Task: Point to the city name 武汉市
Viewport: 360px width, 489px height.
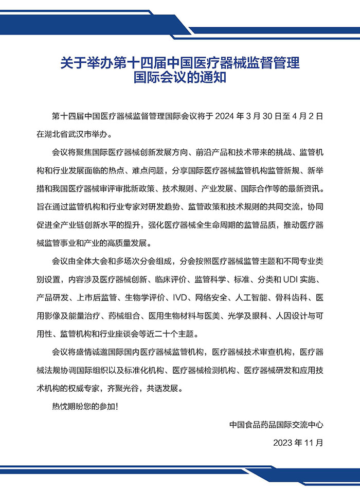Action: (81, 134)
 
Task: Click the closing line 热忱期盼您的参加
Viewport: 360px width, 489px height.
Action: (83, 407)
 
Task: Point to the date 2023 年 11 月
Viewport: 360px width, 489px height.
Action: (298, 442)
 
